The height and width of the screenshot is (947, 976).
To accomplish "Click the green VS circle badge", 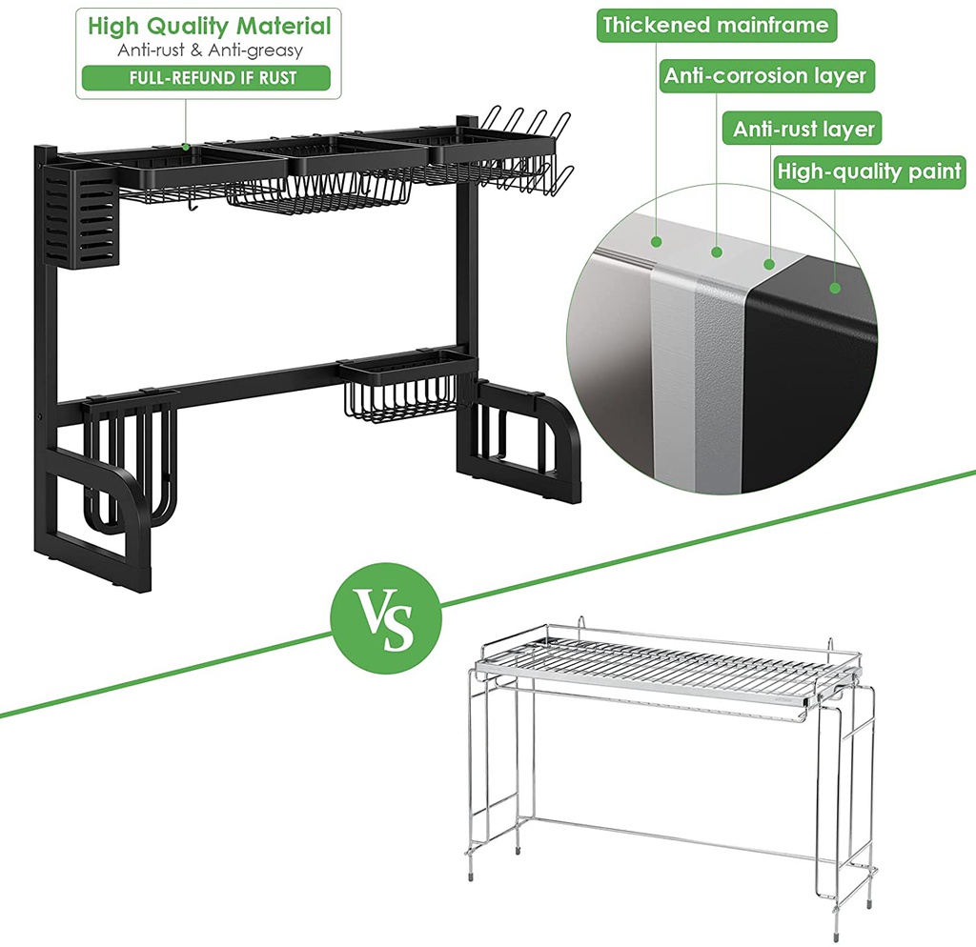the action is point(386,618).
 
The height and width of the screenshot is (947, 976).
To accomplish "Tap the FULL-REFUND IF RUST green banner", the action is point(206,78).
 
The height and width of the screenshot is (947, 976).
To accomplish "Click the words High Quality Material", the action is point(209,26).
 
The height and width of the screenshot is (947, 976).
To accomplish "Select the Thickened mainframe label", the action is point(717,26).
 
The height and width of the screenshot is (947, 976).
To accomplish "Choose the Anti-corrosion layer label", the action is point(766,76).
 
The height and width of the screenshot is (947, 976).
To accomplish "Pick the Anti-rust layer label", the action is point(803,129).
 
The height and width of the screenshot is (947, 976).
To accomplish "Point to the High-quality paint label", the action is point(870,171).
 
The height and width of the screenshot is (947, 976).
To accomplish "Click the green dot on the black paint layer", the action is point(835,288).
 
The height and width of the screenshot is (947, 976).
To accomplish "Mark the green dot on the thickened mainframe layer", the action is point(657,242).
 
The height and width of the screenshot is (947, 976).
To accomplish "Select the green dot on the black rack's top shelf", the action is point(186,148).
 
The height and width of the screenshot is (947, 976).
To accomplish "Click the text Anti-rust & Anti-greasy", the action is point(210,50).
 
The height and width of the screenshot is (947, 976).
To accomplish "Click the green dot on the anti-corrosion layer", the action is point(717,252).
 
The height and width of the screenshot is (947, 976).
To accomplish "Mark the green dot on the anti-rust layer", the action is point(769,264).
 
